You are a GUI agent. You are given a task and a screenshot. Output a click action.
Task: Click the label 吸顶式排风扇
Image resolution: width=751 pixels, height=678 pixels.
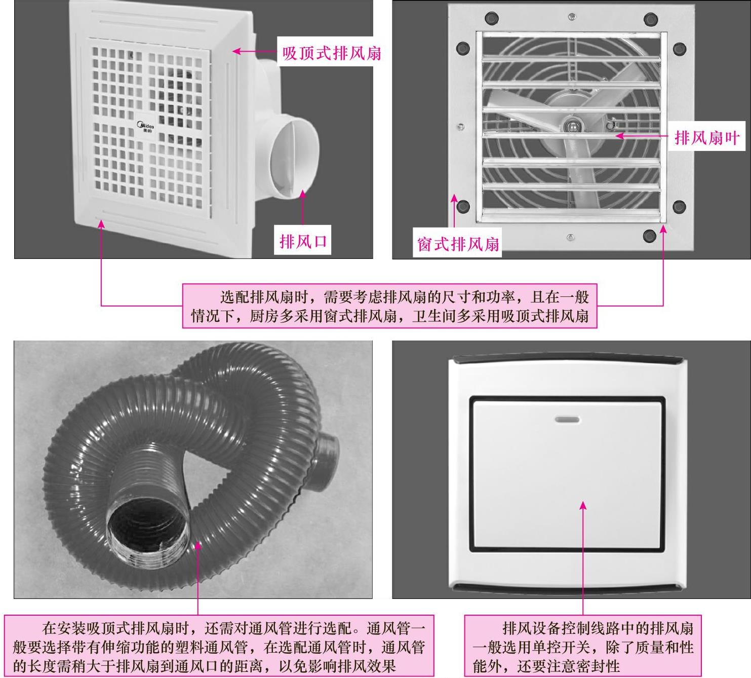click(332, 52)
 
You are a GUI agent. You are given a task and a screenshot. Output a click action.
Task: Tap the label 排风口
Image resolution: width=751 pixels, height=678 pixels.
click(303, 241)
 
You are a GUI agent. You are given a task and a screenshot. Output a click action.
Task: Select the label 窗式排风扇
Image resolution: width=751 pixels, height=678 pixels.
click(458, 244)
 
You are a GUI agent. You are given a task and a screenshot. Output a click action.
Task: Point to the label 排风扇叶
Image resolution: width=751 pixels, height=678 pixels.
click(706, 137)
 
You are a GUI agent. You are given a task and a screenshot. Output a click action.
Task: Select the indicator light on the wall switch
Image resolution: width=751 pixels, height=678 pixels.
click(568, 420)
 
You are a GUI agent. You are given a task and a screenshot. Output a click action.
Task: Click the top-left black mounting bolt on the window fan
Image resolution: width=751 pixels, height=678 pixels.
click(491, 19)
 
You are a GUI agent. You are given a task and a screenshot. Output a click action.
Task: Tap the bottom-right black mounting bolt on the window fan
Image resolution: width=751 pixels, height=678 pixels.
click(649, 236)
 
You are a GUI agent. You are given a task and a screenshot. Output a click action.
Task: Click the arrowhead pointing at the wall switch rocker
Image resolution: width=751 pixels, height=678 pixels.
click(583, 506)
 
